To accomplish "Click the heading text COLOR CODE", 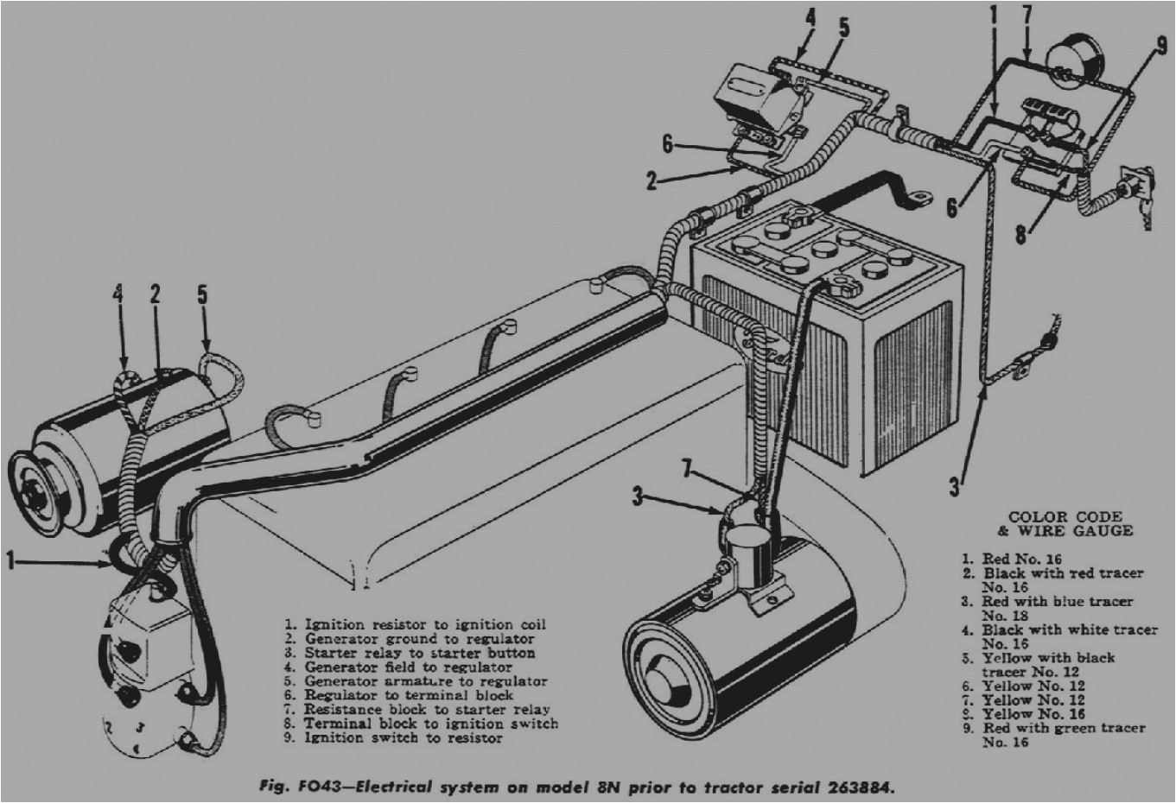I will pos(1065,517).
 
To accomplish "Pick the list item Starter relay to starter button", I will pos(419,653).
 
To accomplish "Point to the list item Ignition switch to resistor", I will pos(403,737).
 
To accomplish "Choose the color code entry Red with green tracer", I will pos(1064,728).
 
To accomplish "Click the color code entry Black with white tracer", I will pos(1070,629).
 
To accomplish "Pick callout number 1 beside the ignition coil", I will pos(10,562).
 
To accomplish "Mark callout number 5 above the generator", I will pos(202,294).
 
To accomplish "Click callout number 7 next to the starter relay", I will pos(687,470).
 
